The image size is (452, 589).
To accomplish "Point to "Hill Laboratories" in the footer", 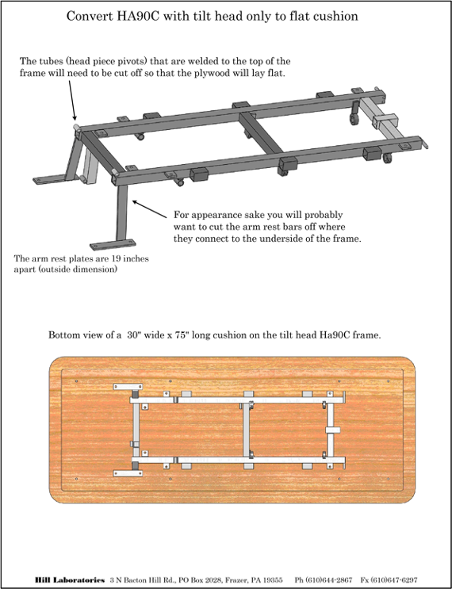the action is click(70, 580).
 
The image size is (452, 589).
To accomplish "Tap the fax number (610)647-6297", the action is click(394, 580).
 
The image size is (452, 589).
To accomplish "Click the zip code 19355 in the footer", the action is click(272, 580).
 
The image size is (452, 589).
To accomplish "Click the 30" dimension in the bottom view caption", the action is click(134, 335).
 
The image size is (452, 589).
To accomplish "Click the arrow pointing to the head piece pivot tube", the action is click(72, 100).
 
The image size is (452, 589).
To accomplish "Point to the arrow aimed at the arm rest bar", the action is click(150, 209).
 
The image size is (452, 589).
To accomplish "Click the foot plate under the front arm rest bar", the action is click(113, 244).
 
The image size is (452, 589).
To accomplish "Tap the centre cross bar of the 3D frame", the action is click(261, 133).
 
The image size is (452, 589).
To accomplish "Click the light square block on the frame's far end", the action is click(385, 121).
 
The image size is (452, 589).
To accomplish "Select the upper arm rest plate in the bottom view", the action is click(128, 387).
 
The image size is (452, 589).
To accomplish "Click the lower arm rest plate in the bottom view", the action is click(128, 473).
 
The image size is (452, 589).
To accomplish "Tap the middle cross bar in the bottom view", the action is click(247, 430).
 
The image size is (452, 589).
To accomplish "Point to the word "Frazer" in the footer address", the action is click(233, 580).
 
